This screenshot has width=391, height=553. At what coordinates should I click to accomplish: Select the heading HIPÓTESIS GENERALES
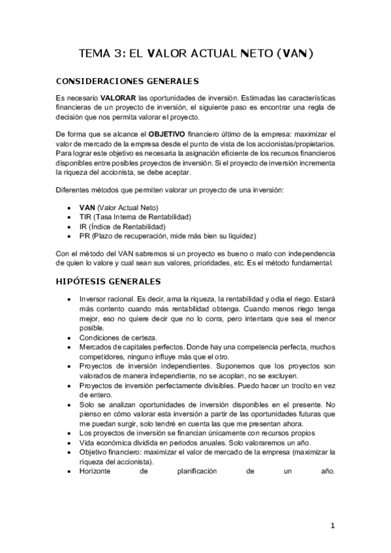[109, 282]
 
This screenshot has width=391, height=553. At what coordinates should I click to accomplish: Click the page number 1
[332, 526]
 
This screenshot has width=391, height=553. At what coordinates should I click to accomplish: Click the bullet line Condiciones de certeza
[117, 338]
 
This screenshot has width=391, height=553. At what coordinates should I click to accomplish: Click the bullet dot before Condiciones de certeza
[70, 338]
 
